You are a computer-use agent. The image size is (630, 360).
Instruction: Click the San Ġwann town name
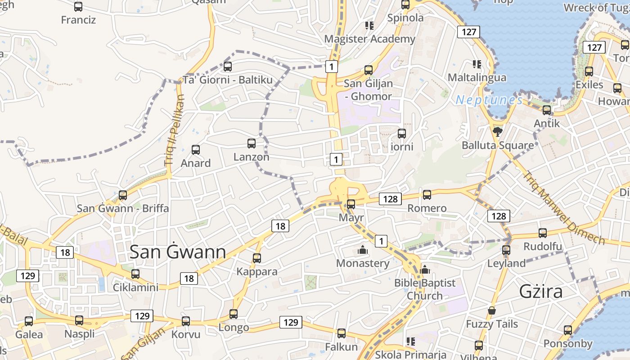(178, 252)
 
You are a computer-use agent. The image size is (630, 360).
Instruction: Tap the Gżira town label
(541, 292)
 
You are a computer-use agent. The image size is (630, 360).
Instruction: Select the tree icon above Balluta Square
(497, 131)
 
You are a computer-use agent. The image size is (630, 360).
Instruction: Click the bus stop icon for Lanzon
(252, 144)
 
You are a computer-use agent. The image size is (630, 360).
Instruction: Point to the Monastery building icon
(362, 249)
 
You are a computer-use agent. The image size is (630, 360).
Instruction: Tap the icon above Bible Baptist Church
(424, 270)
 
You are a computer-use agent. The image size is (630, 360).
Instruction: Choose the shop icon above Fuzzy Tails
(492, 310)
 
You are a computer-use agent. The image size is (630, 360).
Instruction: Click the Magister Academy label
(370, 39)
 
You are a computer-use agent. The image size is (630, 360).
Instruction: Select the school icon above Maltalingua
(477, 64)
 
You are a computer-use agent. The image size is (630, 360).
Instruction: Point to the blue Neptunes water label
(489, 100)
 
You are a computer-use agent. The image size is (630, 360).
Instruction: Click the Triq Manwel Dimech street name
(564, 207)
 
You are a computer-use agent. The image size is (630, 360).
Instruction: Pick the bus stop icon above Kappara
(257, 258)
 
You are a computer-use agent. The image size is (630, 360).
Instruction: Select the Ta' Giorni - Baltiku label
(228, 80)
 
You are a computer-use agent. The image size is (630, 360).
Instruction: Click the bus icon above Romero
(427, 194)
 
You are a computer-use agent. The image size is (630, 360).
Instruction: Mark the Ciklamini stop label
(135, 287)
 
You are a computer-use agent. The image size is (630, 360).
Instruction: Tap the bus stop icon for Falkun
(342, 333)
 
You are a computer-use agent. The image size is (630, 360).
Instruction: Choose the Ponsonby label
(567, 344)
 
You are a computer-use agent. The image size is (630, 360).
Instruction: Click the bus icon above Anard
(196, 149)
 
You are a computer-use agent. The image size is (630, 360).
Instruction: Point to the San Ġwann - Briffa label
(123, 208)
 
